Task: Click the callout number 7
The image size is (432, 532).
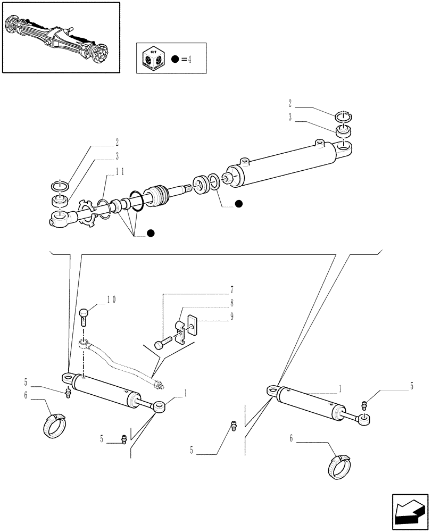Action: click(x=232, y=290)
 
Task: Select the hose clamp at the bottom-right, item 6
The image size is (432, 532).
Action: click(x=337, y=467)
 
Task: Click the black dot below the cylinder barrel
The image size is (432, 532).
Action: click(x=238, y=203)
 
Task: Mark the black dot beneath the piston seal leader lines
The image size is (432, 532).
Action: click(x=151, y=233)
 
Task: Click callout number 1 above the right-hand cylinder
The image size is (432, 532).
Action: click(x=340, y=389)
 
